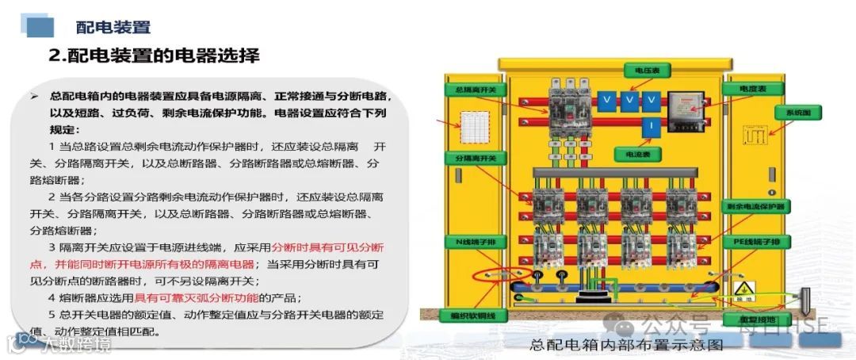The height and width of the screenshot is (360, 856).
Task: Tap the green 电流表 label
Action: pos(637,154)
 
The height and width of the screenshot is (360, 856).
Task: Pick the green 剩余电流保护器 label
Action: pos(755,206)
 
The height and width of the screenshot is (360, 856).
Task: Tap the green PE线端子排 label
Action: pos(755,241)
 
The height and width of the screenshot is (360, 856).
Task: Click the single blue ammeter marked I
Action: pos(648,127)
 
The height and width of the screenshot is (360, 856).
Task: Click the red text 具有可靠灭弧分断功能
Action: pos(208,298)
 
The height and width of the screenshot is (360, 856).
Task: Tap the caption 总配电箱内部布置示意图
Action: pos(626,345)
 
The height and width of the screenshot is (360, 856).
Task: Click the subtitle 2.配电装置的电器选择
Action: pos(154,56)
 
